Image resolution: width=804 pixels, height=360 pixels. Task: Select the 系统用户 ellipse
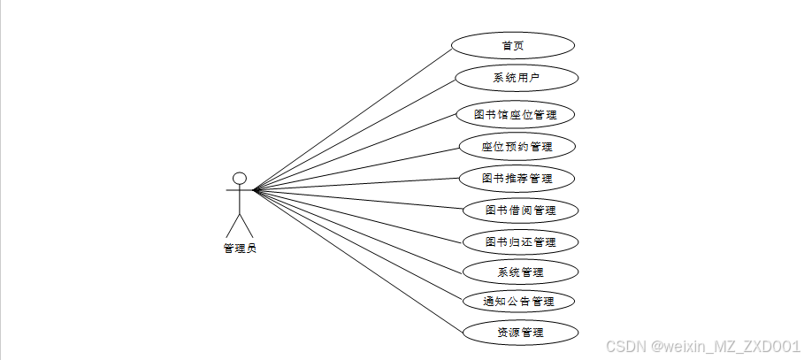(517, 78)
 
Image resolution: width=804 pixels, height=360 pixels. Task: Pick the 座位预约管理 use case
(517, 146)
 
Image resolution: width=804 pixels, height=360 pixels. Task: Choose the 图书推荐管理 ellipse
(517, 178)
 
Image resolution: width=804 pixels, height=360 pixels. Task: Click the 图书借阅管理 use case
(520, 211)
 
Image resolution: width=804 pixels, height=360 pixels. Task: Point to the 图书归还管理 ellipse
(520, 241)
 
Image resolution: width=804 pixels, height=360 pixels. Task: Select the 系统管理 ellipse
(520, 272)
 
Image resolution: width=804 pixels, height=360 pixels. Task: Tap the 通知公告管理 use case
(518, 302)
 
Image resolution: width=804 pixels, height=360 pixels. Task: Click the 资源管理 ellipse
(520, 333)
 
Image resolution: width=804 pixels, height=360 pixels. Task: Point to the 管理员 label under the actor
(239, 249)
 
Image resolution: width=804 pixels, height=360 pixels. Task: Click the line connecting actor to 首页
(354, 117)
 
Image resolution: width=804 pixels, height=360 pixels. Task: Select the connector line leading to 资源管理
(358, 261)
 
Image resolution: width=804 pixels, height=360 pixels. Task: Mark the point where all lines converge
(255, 189)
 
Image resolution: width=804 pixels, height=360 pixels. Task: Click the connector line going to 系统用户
(354, 134)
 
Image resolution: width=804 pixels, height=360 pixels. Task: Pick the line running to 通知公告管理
(358, 244)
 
